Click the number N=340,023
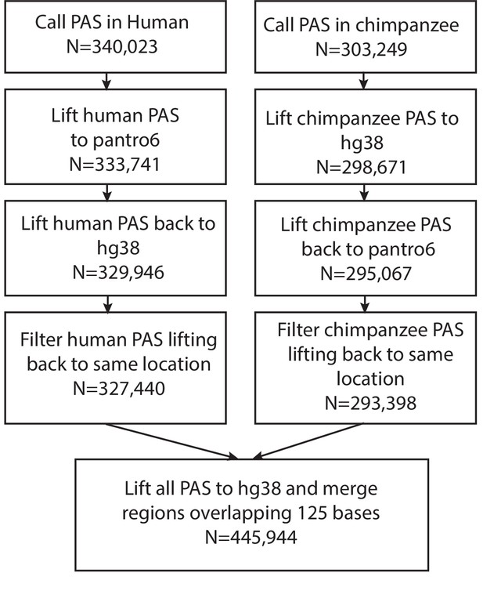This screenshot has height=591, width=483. click(112, 47)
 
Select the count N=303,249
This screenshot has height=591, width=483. click(362, 49)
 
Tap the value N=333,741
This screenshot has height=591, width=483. click(115, 165)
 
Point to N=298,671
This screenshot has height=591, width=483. click(362, 167)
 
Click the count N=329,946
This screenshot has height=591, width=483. click(118, 273)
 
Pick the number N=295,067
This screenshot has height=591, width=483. click(366, 274)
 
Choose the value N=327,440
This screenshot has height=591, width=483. click(119, 388)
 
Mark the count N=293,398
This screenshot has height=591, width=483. click(370, 404)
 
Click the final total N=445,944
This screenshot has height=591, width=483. click(251, 537)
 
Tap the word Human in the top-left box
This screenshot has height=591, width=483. click(157, 22)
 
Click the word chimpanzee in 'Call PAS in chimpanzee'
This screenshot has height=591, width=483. click(407, 26)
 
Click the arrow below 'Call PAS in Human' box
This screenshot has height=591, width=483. click(107, 81)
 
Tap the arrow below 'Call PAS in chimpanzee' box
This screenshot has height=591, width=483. click(364, 81)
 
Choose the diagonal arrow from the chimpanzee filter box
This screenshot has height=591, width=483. click(308, 441)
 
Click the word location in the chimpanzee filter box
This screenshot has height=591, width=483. click(370, 379)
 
